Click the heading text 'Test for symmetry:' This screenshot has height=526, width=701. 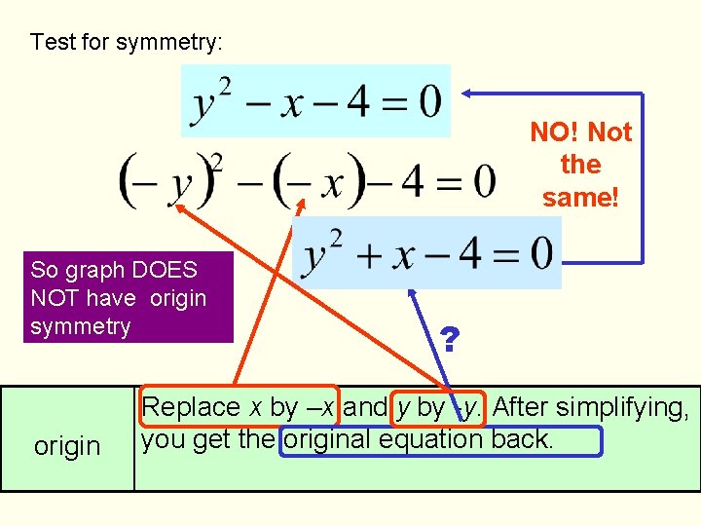tap(127, 43)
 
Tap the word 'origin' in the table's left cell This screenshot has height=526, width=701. tap(67, 446)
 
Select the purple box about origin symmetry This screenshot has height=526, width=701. tap(117, 297)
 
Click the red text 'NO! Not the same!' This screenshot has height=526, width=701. tap(580, 165)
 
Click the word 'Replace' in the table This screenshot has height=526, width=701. tap(191, 407)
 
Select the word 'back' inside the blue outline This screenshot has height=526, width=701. tap(524, 439)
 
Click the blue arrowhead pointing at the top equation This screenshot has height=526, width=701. tap(467, 94)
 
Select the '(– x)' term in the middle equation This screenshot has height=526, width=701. tap(320, 180)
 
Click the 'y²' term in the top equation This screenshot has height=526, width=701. tap(213, 101)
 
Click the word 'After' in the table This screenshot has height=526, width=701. tap(525, 407)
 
